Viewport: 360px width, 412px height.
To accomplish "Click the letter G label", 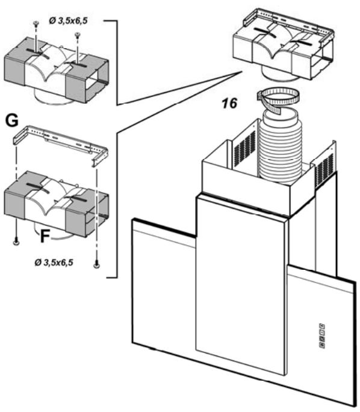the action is (12, 120).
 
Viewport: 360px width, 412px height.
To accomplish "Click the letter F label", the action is (45, 236).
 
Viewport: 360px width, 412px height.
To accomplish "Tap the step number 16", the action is (229, 103).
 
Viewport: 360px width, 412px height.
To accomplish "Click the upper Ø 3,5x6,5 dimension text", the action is (68, 20).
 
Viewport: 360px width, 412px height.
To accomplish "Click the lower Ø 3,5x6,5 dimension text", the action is (54, 262).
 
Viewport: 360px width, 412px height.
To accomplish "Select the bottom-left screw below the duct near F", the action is (16, 242).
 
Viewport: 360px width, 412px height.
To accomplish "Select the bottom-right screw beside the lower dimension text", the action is (97, 264).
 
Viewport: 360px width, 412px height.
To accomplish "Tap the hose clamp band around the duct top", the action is (278, 97).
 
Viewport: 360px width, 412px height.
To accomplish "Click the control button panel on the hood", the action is (322, 336).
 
